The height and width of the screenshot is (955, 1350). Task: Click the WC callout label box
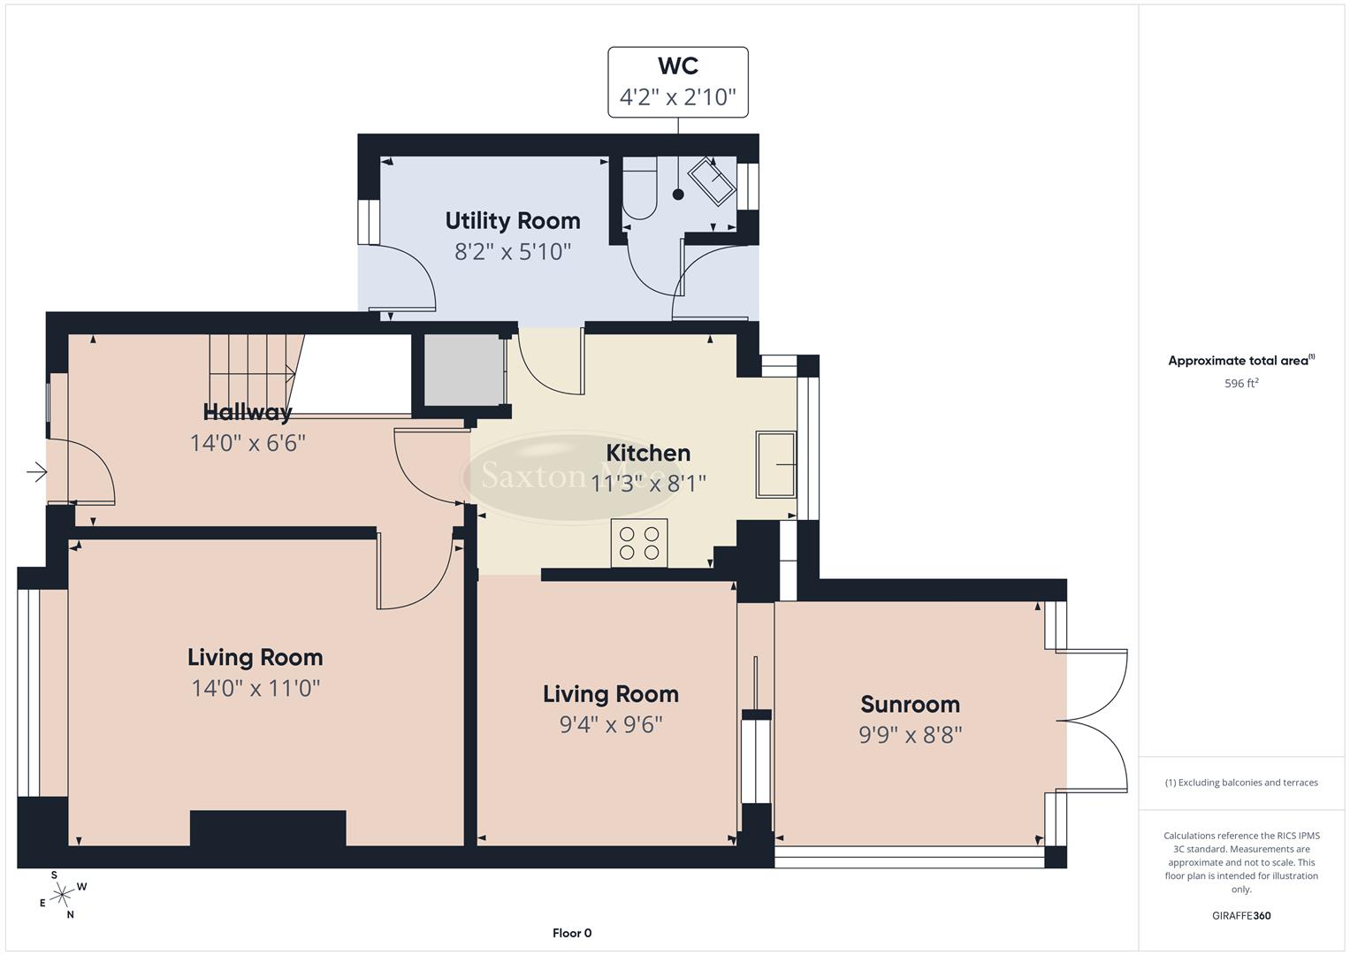(678, 82)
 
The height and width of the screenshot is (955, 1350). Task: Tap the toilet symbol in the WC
(639, 188)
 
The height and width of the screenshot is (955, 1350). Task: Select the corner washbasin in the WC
(713, 181)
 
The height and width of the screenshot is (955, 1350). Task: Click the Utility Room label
(513, 221)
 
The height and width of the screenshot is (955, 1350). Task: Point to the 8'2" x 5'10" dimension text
(513, 252)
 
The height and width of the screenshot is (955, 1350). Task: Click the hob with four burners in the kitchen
(639, 542)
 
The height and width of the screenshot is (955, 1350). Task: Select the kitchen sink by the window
(775, 464)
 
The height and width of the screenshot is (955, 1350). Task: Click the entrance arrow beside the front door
(36, 473)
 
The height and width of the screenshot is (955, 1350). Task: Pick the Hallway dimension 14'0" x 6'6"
(248, 443)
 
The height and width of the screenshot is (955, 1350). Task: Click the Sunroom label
(910, 705)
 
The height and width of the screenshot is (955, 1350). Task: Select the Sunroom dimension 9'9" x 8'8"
(910, 735)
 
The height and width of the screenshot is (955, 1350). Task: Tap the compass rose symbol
(62, 896)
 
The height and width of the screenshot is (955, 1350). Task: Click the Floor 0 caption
(571, 933)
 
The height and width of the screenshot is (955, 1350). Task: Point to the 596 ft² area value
(1241, 384)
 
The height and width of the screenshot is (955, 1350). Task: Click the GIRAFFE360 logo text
(1241, 916)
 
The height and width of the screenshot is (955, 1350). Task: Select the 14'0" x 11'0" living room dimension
(256, 688)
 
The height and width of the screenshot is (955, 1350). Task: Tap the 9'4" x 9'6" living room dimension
(611, 725)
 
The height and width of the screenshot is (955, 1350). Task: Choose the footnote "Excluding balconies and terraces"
(1241, 783)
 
